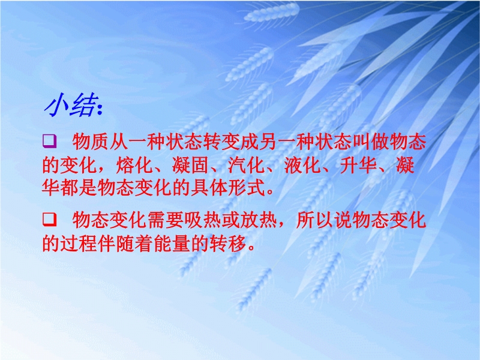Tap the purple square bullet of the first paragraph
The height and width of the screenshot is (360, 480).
point(49,141)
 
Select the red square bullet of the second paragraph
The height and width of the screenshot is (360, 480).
point(49,220)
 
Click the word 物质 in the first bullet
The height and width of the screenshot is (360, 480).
point(91,142)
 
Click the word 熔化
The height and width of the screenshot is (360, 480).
point(134,166)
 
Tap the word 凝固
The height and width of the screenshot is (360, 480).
point(191,166)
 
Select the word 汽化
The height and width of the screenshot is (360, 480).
point(247,166)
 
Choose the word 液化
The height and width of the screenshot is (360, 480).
point(303,166)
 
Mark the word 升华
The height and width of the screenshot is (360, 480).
point(359,166)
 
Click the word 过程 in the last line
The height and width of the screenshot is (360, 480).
point(79,244)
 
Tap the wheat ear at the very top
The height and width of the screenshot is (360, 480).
point(272,12)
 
